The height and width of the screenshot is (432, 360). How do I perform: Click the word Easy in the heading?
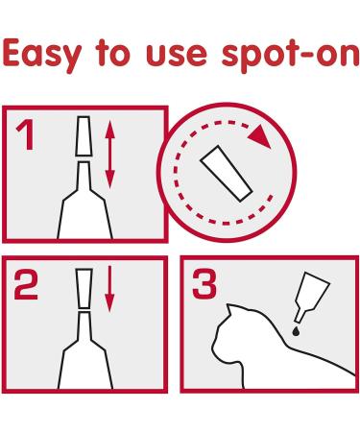point(41,55)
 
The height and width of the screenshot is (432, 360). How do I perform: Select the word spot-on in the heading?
point(290,56)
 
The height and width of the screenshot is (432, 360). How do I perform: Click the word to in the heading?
point(112,54)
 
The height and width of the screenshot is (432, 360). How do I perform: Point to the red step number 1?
point(26,135)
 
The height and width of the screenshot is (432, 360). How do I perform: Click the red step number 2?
point(26,284)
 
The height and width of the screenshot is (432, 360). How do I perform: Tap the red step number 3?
point(204,284)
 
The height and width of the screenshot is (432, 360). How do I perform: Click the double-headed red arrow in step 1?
point(109,155)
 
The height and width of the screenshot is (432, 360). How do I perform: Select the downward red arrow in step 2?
point(109,289)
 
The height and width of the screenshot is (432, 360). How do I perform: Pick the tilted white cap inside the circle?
point(227,174)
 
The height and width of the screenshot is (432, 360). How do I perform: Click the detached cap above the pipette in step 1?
point(84,136)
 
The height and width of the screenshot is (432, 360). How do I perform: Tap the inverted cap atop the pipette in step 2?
point(84,288)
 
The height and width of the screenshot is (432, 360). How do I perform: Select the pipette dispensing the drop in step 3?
point(311,296)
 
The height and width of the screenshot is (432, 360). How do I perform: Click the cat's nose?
point(213,347)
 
